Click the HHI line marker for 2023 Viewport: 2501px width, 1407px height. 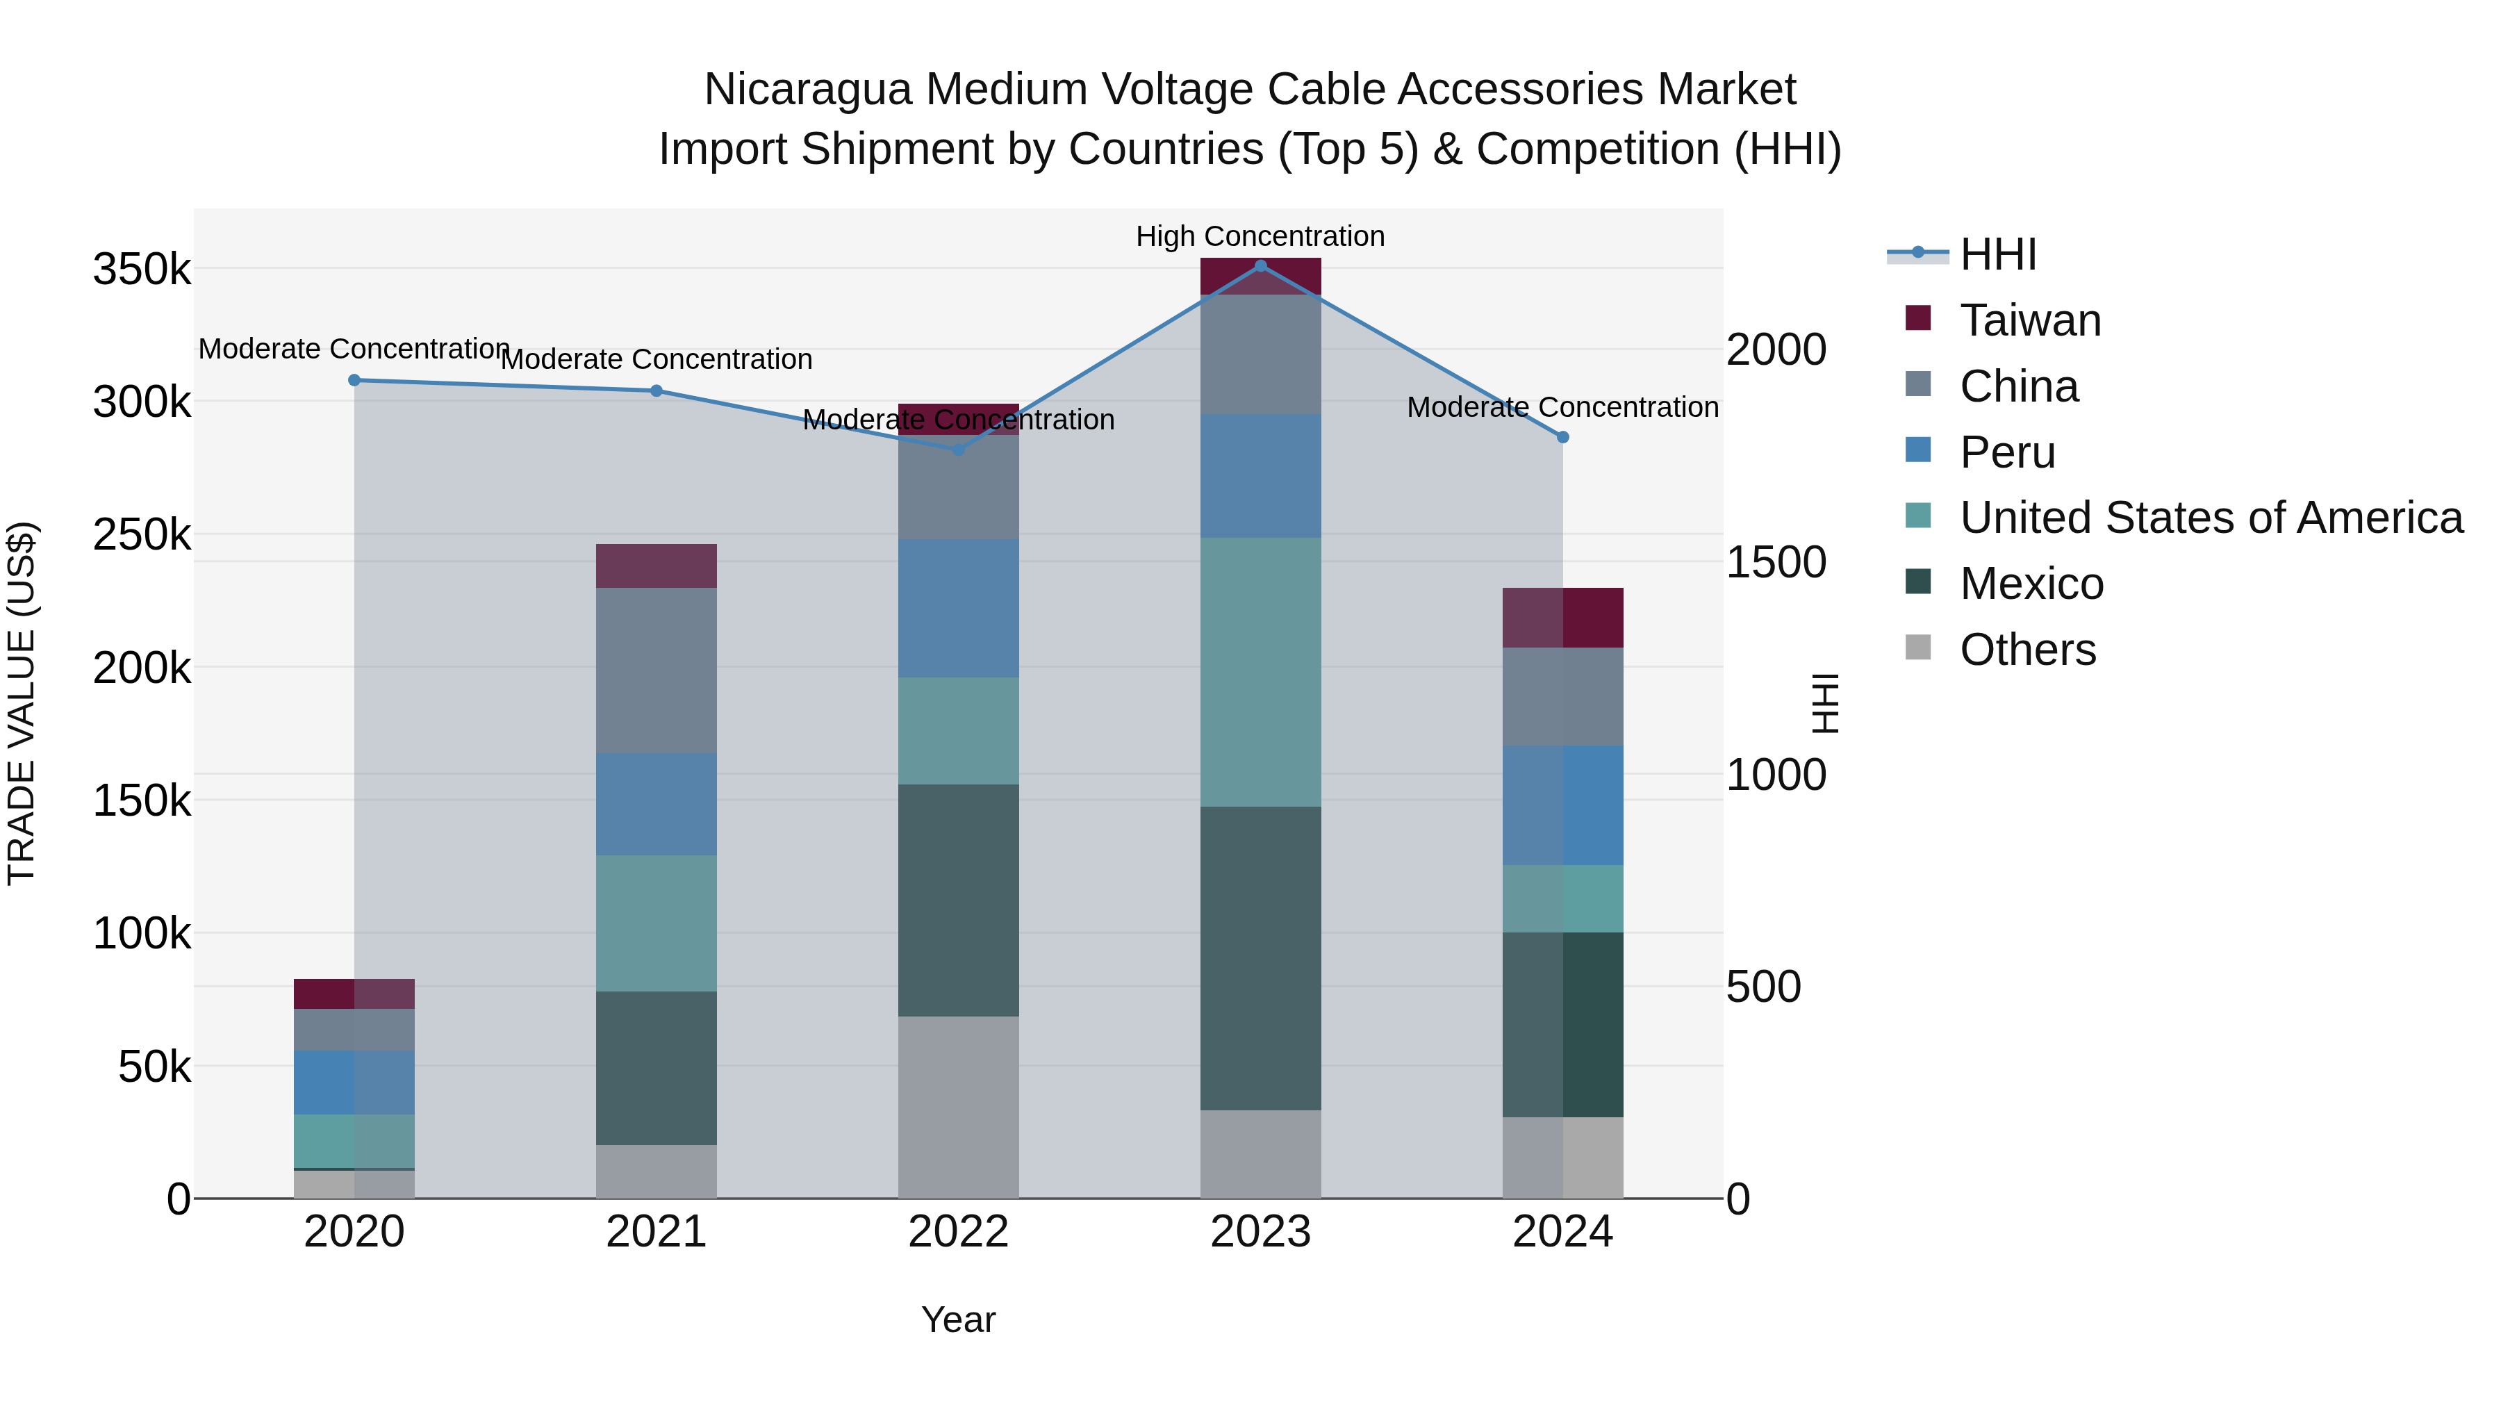(x=1260, y=265)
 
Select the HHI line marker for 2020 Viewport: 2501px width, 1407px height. (x=354, y=379)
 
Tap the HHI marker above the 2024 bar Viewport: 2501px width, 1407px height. (x=1562, y=437)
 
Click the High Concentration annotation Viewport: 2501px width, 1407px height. (x=1260, y=236)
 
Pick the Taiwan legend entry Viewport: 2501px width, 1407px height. (x=2029, y=320)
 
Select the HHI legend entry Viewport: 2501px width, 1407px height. (x=1997, y=254)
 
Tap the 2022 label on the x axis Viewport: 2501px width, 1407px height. (x=958, y=1231)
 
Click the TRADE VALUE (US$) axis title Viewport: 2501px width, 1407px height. (x=22, y=703)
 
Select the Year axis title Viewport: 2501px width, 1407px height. (x=958, y=1319)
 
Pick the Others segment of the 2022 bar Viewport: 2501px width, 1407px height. (x=958, y=1107)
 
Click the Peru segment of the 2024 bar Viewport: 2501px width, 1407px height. (x=1562, y=805)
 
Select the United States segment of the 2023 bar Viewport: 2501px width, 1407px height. (x=1260, y=672)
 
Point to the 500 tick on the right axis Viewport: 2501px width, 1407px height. (x=1763, y=987)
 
